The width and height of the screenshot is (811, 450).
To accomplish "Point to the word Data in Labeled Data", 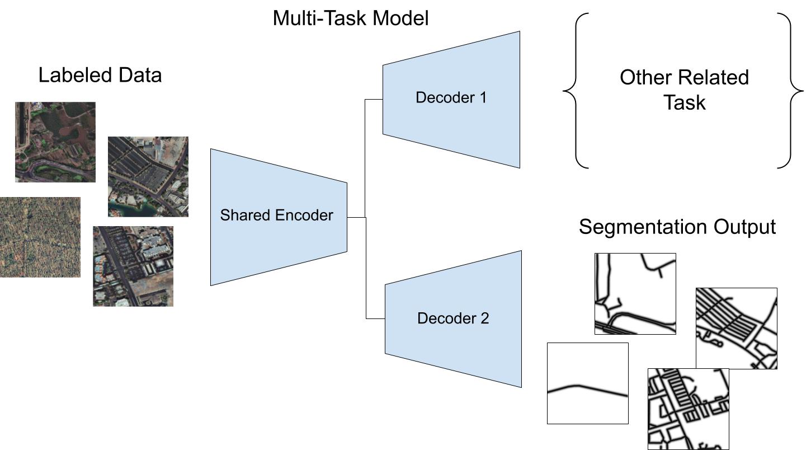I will tap(139, 75).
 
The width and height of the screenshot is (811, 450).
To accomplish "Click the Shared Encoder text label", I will tap(276, 215).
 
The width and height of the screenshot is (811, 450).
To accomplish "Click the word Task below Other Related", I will tap(685, 103).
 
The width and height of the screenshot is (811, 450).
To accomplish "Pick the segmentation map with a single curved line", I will tap(587, 383).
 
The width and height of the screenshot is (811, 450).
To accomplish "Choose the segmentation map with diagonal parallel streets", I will tap(736, 328).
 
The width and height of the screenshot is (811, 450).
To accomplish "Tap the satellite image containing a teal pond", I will tap(148, 176).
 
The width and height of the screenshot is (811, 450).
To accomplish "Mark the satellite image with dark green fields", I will tap(55, 142).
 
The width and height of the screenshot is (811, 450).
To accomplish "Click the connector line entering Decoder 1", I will tap(374, 100).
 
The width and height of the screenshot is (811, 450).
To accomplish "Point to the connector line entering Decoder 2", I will tap(375, 318).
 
